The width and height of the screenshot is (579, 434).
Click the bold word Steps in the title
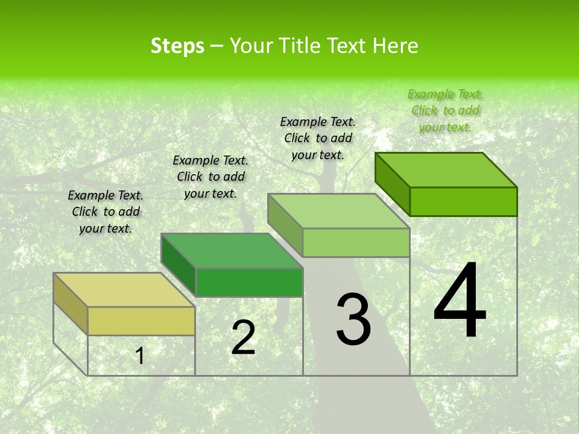(x=177, y=46)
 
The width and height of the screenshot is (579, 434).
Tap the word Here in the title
(x=396, y=46)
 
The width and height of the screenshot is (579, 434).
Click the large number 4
(x=460, y=301)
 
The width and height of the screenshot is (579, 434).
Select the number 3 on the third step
(x=353, y=319)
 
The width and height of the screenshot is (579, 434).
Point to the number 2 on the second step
(x=243, y=338)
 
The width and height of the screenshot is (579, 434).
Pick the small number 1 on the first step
(x=140, y=356)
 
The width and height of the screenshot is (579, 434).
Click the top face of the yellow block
(x=124, y=290)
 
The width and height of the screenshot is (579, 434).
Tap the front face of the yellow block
(x=141, y=321)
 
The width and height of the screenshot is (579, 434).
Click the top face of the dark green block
(x=232, y=251)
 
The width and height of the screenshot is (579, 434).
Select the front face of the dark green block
(x=249, y=282)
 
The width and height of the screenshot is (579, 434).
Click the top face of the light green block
(x=338, y=211)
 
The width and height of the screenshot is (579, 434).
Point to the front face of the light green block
(x=356, y=242)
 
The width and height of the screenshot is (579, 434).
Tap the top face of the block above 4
(x=446, y=170)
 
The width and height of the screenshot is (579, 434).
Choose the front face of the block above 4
(x=463, y=201)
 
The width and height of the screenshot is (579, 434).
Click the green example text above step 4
(x=445, y=110)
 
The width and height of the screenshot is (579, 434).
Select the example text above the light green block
(x=318, y=138)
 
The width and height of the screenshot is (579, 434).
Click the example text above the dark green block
(x=210, y=177)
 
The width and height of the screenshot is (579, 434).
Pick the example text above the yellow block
(x=106, y=212)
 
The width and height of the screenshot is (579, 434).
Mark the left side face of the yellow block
(x=71, y=304)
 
